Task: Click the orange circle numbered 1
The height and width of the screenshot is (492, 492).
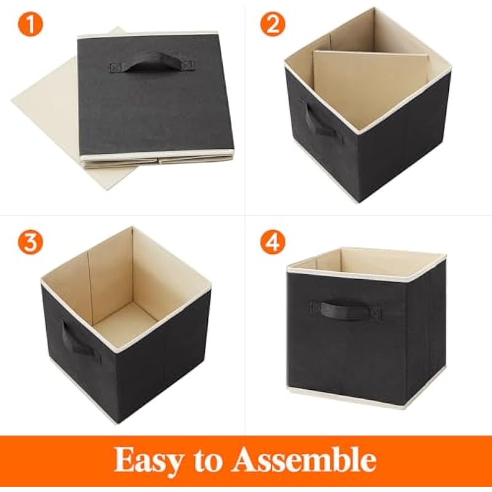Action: coord(30,24)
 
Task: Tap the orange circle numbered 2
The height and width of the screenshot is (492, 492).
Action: coord(272,24)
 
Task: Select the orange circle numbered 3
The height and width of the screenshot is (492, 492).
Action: coord(30,242)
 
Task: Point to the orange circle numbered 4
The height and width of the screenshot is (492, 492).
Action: coord(272,242)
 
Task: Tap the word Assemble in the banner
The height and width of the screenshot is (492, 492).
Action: coord(304,459)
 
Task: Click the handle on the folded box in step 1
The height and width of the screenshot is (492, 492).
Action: coord(152,64)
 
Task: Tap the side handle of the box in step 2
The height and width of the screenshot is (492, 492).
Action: coord(319,122)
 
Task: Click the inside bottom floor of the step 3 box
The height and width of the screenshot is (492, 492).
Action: coord(126,324)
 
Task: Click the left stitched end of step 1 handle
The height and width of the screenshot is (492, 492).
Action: coord(116,67)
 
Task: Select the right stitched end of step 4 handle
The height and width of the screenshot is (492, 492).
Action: coord(375,313)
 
